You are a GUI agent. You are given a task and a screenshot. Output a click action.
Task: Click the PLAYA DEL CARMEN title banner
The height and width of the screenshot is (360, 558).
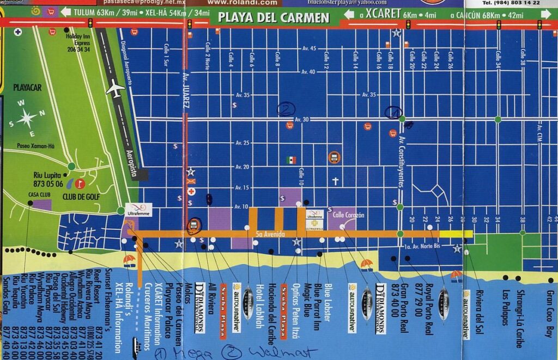[274, 17]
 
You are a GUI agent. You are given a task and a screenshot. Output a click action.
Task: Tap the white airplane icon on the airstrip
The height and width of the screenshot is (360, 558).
[116, 88]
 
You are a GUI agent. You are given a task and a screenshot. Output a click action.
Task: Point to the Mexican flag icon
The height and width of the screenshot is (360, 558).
[292, 160]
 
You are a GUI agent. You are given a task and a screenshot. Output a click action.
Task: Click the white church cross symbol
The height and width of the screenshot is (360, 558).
[336, 181]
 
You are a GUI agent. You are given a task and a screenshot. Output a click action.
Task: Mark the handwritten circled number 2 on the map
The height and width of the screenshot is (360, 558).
[286, 109]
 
